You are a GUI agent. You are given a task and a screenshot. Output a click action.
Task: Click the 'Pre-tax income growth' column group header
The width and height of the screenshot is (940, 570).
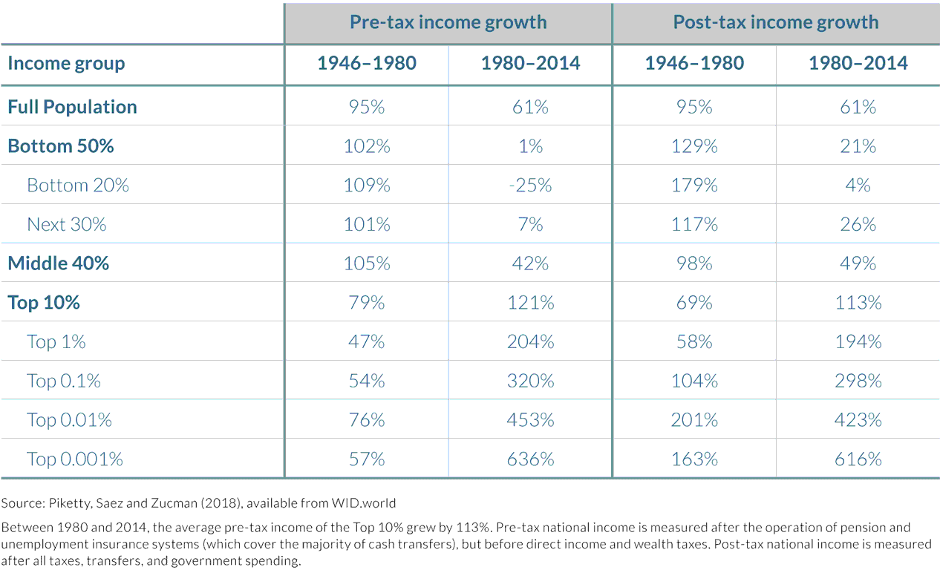[x=448, y=22]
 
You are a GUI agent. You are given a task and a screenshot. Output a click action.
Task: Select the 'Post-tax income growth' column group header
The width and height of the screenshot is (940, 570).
[x=775, y=22]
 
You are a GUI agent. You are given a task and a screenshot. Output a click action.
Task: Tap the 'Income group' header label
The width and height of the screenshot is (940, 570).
[x=66, y=63]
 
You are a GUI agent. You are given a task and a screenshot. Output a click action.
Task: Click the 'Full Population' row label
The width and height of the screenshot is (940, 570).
[x=72, y=107]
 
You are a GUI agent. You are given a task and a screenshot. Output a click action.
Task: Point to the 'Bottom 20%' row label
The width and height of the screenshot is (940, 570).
[x=78, y=185]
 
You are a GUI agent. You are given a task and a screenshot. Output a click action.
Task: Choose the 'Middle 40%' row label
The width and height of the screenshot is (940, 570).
[x=58, y=263]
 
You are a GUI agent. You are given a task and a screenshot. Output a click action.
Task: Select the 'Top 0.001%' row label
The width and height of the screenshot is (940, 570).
[x=75, y=459]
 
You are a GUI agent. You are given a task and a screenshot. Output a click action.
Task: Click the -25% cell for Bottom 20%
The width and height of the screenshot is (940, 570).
[x=530, y=185]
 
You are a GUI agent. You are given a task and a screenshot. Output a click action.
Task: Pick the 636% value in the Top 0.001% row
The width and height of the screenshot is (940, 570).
[x=530, y=459]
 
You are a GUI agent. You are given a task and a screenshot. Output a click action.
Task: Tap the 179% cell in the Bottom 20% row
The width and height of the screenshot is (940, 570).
[x=694, y=185]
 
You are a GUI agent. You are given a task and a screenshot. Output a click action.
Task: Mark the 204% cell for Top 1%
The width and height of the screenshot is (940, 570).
[x=530, y=341]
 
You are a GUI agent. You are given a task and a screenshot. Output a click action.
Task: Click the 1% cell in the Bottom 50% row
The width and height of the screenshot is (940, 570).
[x=530, y=146]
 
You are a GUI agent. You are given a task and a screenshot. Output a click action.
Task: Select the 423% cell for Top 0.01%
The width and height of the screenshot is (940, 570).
[x=858, y=420]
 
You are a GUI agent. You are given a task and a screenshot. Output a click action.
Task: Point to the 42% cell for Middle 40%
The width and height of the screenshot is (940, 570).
[x=530, y=263]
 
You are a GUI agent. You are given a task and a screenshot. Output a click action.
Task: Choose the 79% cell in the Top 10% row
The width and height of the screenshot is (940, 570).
[x=367, y=303]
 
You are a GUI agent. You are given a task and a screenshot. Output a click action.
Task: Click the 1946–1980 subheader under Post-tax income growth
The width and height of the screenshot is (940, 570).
[x=694, y=63]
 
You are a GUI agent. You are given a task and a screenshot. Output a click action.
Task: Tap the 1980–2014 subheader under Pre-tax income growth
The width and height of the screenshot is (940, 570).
[x=530, y=63]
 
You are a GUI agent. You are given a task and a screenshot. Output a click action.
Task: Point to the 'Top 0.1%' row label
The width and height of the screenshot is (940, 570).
[x=64, y=381]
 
